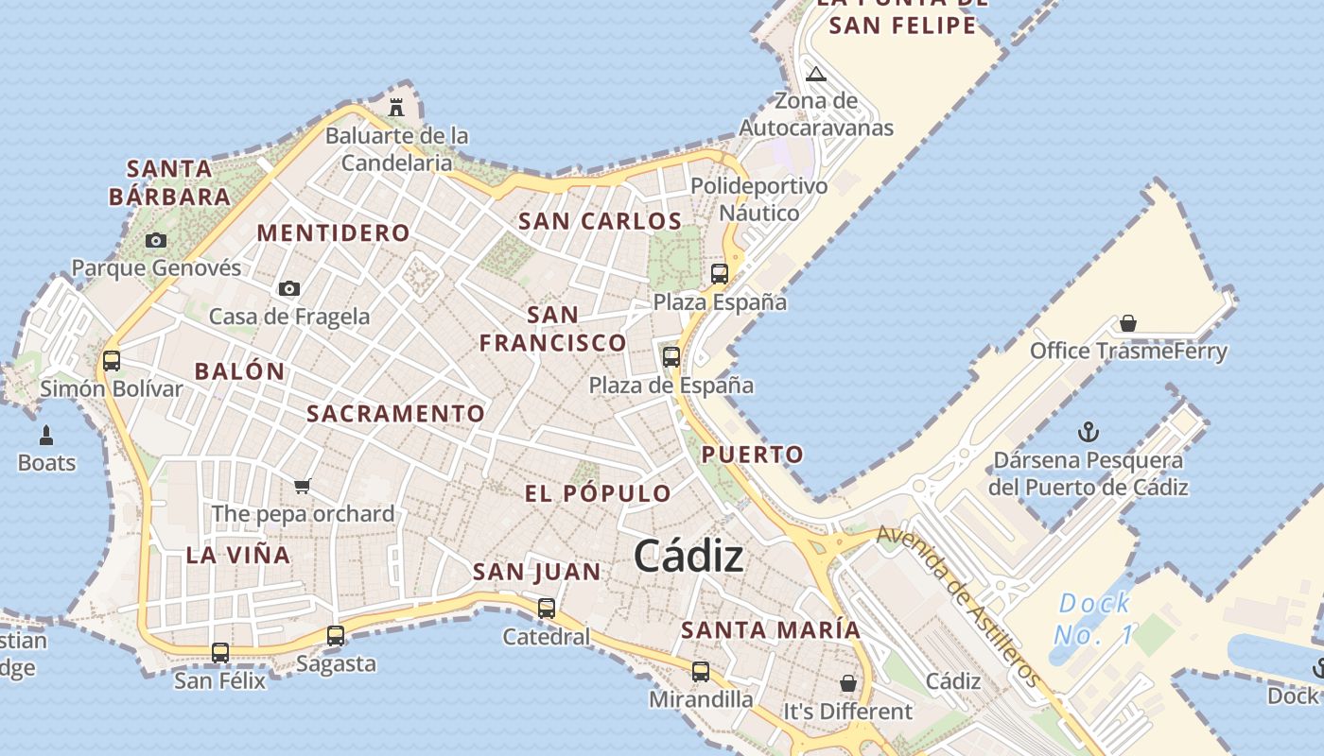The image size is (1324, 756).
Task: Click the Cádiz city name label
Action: pyautogui.click(x=688, y=556)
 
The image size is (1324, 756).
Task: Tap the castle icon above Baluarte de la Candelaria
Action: pyautogui.click(x=396, y=107)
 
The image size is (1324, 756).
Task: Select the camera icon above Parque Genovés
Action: pyautogui.click(x=156, y=241)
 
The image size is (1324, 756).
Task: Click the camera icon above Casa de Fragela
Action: pyautogui.click(x=289, y=288)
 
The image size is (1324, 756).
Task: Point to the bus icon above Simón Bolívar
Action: pyautogui.click(x=112, y=360)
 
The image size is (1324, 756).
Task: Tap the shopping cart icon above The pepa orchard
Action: pyautogui.click(x=302, y=486)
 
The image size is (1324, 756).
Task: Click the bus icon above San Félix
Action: pyautogui.click(x=220, y=652)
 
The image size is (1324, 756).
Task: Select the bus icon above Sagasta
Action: pyautogui.click(x=336, y=636)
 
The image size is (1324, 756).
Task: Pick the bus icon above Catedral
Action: pyautogui.click(x=547, y=609)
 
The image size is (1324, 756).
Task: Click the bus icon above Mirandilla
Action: pyautogui.click(x=701, y=672)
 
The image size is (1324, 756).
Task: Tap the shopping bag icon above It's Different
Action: pyautogui.click(x=848, y=683)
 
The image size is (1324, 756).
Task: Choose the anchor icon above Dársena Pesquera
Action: pyautogui.click(x=1089, y=433)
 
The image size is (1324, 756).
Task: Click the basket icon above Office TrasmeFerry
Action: pyautogui.click(x=1128, y=324)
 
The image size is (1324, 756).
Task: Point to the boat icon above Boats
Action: pyautogui.click(x=46, y=436)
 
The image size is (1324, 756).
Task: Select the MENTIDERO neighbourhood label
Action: pyautogui.click(x=334, y=232)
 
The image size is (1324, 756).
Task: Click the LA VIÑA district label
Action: pyautogui.click(x=238, y=555)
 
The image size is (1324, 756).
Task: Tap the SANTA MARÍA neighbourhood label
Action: pyautogui.click(x=771, y=629)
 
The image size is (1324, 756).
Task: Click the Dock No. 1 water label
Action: pyautogui.click(x=1094, y=619)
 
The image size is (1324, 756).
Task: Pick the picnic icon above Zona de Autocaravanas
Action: pyautogui.click(x=816, y=74)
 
